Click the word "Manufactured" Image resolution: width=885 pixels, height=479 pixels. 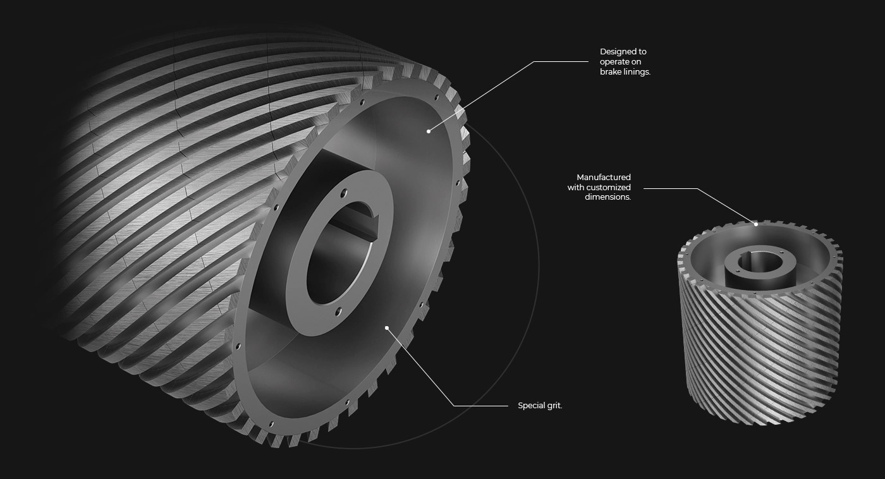coord(604,178)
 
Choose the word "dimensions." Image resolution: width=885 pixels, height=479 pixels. coord(607,197)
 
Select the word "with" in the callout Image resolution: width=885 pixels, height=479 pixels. coord(576,187)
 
